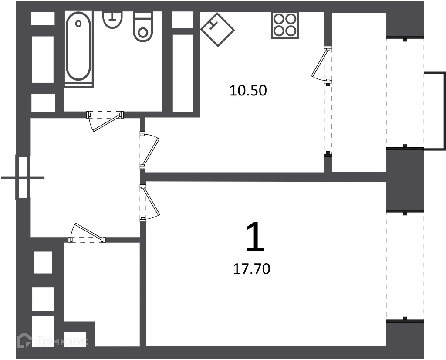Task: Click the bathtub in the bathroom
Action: pos(78,46)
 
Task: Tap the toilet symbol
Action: pos(142,27)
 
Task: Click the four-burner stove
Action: pos(285,25)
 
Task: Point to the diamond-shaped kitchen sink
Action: pos(218,29)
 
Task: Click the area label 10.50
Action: pos(248,91)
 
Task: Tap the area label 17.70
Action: pos(251,269)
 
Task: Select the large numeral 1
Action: pos(255,237)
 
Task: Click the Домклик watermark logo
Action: pos(53,340)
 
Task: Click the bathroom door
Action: pos(105,119)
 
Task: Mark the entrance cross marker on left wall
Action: pos(23,177)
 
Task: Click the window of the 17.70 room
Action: pos(405,266)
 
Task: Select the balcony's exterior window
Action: pos(405,92)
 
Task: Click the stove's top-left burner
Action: pos(278,19)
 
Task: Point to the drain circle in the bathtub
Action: pos(78,24)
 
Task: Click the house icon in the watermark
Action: pos(25,340)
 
